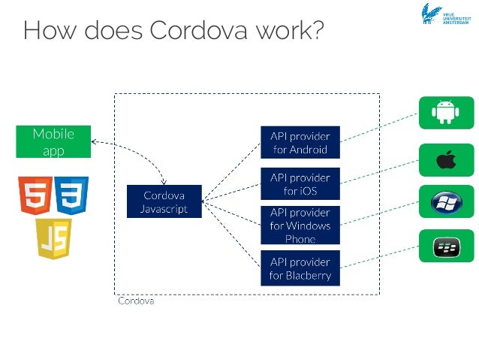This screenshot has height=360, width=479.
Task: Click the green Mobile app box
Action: coord(53,141)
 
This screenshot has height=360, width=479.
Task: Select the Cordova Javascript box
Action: coord(164,201)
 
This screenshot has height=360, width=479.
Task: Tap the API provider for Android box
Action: coord(300,141)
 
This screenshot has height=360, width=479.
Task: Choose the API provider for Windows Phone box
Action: coord(300,225)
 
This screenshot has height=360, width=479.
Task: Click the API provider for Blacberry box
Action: coord(300,268)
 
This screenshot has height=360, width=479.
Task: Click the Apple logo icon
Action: coord(444,159)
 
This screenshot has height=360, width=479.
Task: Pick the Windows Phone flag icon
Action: coord(444,203)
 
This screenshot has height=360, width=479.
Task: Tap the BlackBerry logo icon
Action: coord(444,246)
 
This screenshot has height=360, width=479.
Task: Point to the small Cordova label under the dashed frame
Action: coord(136,301)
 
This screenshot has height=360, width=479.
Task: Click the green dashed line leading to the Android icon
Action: coord(379,128)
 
